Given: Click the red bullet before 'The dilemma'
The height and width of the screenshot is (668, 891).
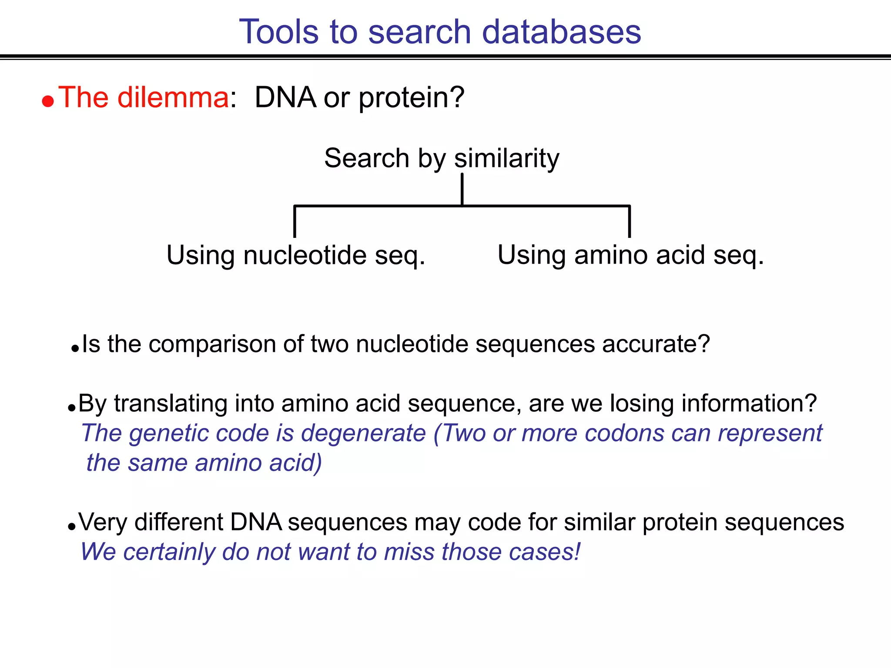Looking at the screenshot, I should (48, 101).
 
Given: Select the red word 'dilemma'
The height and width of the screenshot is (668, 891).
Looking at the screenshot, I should (173, 97).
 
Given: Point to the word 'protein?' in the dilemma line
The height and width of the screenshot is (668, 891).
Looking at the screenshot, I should (412, 98).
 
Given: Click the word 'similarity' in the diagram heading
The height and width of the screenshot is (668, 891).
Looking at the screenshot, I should (507, 158).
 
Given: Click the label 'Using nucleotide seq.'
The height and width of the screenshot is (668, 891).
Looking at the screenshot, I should (296, 255).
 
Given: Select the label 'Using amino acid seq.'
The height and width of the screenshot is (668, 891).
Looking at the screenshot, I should (631, 255).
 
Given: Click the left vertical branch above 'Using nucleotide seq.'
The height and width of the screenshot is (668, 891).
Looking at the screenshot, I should (295, 222).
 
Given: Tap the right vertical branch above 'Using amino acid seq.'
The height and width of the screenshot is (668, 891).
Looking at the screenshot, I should (629, 222).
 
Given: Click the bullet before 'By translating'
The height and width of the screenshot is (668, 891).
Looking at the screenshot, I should (72, 408).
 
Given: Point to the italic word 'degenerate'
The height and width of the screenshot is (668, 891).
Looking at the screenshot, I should (363, 434).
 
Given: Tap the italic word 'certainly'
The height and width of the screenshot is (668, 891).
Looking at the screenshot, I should (169, 552).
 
